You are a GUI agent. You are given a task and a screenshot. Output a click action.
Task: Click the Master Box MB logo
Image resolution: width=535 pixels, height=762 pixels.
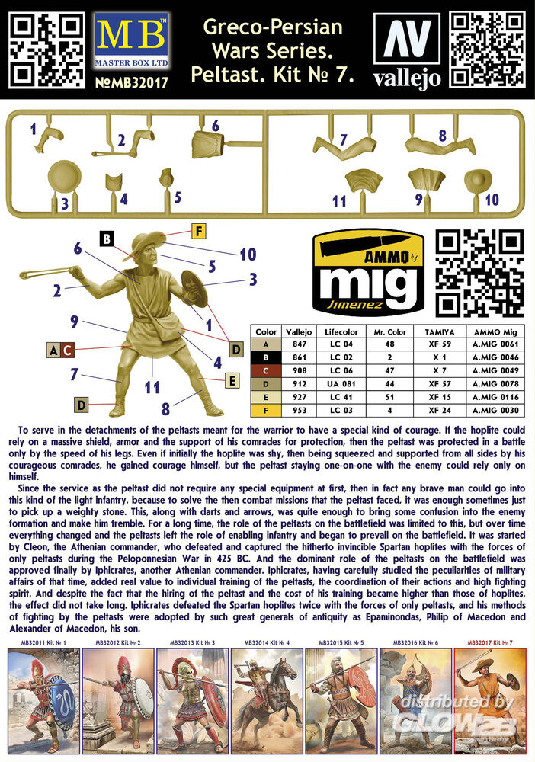(x=131, y=41)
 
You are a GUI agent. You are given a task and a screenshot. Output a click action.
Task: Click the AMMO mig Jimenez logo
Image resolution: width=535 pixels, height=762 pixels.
(x=368, y=274)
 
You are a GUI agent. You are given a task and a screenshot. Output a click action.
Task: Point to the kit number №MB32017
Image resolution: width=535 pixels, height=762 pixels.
(x=131, y=82)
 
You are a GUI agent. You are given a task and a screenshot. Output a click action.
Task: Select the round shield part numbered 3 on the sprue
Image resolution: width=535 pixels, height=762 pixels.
(x=65, y=179)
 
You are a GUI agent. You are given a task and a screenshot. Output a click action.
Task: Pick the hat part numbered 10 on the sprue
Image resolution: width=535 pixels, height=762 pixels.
(x=478, y=181)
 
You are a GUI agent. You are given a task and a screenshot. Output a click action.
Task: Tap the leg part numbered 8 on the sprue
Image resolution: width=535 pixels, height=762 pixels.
(x=440, y=146)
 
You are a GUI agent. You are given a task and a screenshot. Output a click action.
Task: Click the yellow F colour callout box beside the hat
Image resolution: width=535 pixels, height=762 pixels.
(x=198, y=232)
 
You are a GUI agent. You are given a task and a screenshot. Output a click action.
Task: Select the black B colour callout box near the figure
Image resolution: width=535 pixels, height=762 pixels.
(x=107, y=239)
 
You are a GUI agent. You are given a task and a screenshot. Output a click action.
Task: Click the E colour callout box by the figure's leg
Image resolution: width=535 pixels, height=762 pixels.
(x=232, y=380)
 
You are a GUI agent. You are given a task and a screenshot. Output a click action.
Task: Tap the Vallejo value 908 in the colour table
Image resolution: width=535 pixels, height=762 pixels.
(x=300, y=370)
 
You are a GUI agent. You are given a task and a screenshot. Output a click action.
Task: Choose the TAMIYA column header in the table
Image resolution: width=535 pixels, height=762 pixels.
(x=440, y=332)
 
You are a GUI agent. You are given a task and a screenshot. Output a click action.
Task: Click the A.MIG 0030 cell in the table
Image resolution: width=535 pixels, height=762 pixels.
(x=495, y=410)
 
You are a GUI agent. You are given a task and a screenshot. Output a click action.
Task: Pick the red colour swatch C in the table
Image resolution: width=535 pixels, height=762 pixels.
(x=266, y=370)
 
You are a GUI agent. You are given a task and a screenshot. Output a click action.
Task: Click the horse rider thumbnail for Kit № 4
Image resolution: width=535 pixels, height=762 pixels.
(x=267, y=700)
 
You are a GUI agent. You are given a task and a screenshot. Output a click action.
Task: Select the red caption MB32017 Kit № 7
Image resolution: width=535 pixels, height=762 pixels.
(x=490, y=642)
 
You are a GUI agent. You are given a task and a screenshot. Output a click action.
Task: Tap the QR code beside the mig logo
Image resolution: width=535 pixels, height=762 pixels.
(x=479, y=273)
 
